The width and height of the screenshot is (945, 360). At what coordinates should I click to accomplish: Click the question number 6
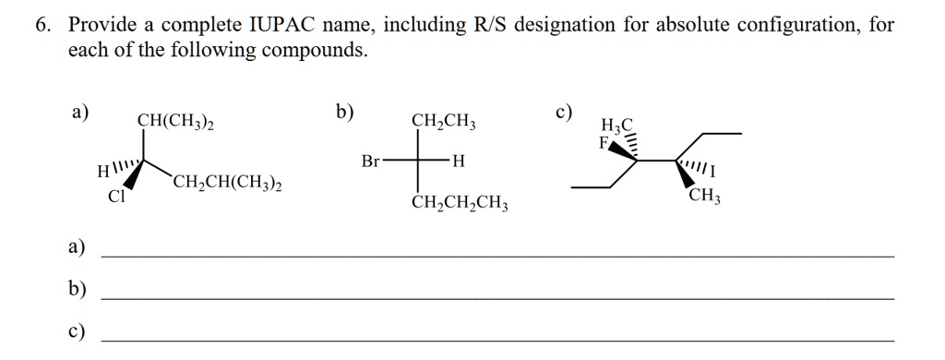40,25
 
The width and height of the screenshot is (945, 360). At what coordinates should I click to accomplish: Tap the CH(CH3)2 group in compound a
176,121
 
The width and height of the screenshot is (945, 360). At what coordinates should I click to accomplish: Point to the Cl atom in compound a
115,196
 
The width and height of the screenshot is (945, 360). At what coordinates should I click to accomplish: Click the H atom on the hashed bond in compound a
102,171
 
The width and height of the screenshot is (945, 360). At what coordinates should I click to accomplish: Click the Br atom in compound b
370,162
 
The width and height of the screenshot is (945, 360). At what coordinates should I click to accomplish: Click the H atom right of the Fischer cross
460,162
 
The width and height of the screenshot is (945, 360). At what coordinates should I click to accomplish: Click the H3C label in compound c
617,126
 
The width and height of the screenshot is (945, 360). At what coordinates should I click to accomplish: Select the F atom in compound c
604,143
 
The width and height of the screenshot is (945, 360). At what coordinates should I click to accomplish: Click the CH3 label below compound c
705,197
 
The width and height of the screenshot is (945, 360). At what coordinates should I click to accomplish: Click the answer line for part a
496,254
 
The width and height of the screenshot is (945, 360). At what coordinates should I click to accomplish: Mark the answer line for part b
496,297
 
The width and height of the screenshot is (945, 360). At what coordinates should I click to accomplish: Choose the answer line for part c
496,340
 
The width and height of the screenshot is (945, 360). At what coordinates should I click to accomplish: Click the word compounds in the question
315,51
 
